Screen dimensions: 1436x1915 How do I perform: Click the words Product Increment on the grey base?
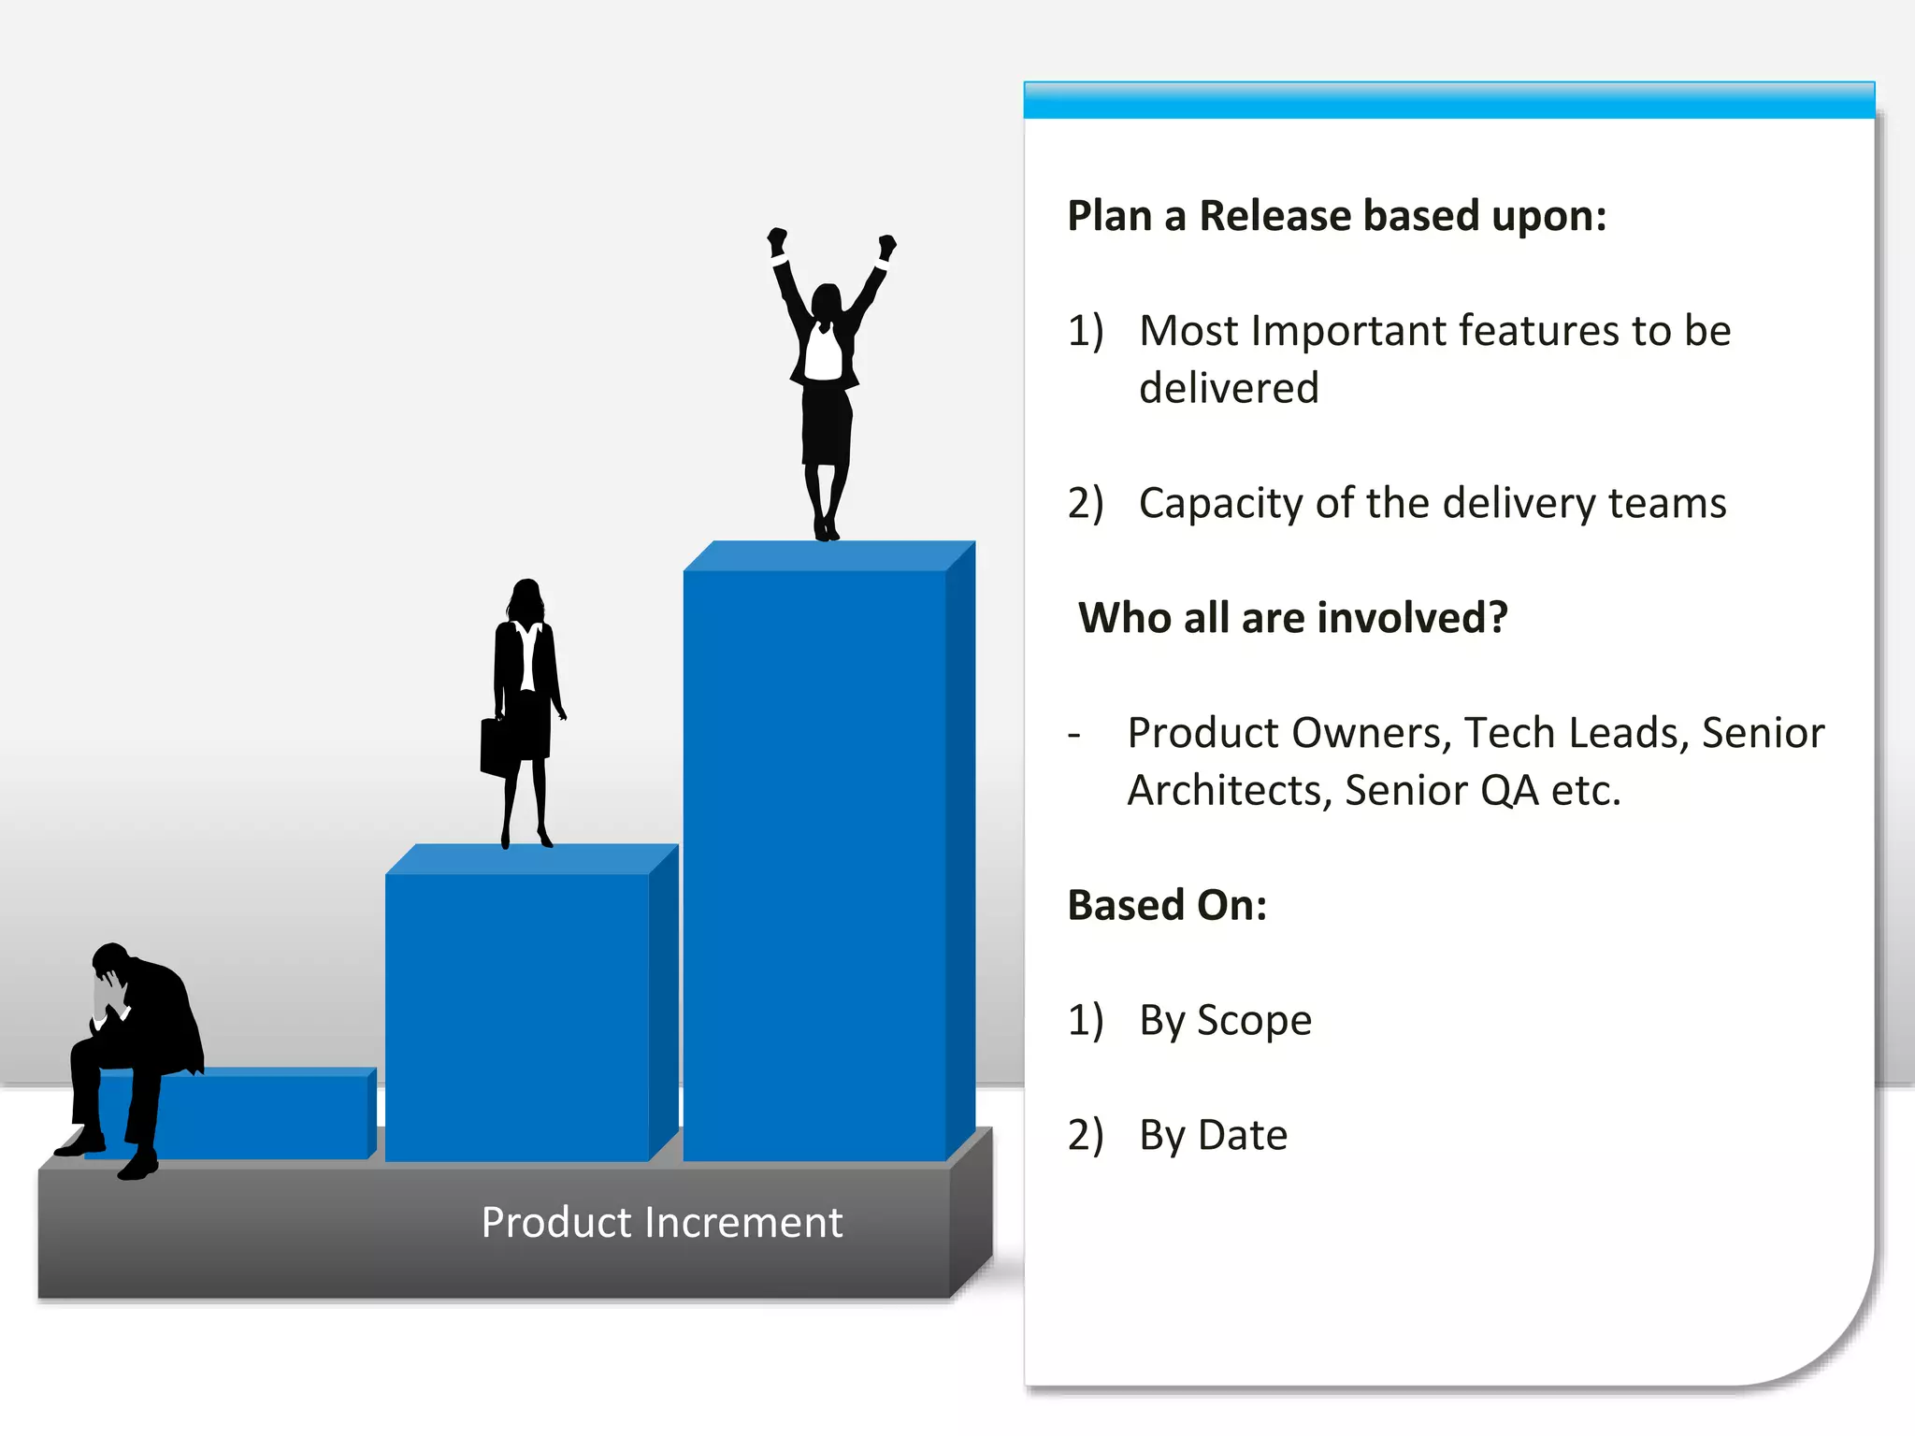(661, 1223)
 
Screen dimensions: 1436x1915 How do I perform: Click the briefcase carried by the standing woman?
(496, 748)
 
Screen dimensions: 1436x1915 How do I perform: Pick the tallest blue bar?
(815, 860)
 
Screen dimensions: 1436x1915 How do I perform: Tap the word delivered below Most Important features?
(1229, 388)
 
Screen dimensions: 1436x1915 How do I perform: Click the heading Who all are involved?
(1293, 618)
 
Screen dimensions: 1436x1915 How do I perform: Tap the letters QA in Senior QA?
(1509, 791)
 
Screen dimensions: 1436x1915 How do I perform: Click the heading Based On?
(1167, 905)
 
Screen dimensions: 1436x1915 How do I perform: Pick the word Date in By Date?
(1243, 1135)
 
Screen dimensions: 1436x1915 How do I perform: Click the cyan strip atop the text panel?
(1448, 100)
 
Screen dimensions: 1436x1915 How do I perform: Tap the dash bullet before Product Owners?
(1074, 735)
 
